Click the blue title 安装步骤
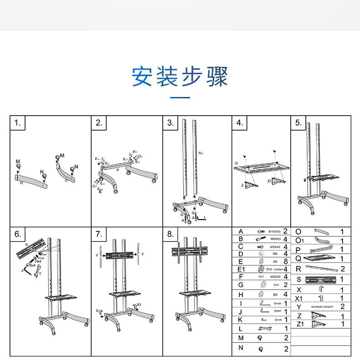180,76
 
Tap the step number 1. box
18,123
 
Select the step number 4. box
240,123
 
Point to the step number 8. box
170,234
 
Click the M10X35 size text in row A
275,231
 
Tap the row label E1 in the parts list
242,269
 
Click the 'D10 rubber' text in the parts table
275,269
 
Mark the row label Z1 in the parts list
299,324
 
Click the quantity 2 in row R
342,269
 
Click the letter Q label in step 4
236,163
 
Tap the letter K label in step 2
100,192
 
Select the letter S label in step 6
26,245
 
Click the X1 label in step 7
139,305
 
